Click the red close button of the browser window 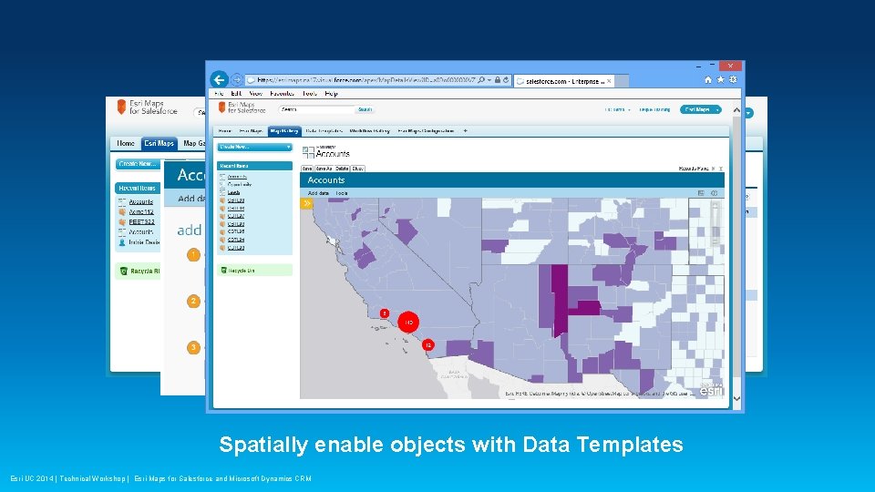730,66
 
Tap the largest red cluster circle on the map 409,323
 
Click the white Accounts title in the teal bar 326,180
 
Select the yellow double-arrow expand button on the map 307,203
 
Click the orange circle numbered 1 193,255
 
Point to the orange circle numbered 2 193,301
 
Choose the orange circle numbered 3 193,347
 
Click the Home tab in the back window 126,143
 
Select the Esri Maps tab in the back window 159,143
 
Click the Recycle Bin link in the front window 242,271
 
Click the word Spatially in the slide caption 263,445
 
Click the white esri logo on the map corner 710,390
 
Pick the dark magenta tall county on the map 558,301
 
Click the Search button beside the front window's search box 365,109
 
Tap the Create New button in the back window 138,164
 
